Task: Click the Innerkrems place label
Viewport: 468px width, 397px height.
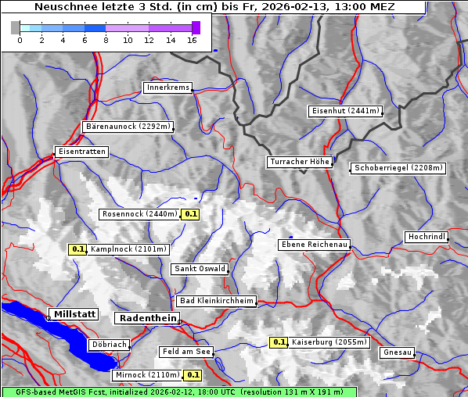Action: (167, 88)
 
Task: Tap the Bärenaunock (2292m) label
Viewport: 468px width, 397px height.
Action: (127, 126)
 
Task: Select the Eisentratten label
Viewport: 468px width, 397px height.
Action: (81, 151)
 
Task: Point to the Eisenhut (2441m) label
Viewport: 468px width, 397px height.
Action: (345, 111)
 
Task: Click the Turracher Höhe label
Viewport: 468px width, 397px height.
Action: (300, 162)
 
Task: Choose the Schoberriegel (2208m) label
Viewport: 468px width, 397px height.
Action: (398, 167)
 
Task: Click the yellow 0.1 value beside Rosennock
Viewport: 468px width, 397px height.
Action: (190, 213)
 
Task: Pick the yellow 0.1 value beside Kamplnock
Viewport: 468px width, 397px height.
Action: (77, 249)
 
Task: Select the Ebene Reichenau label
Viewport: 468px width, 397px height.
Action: (314, 245)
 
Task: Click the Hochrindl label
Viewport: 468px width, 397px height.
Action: (427, 237)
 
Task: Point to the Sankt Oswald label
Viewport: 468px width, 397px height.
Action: (200, 269)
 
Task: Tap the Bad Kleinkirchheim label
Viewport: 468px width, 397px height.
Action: (216, 301)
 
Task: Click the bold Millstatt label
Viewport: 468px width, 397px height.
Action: (74, 313)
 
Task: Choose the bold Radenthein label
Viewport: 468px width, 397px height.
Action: (146, 318)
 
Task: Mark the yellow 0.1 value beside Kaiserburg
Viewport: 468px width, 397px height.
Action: (279, 342)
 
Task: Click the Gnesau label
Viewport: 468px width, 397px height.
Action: (398, 352)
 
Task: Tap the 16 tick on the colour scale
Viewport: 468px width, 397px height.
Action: (193, 39)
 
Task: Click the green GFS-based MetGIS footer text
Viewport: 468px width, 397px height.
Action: (178, 392)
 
